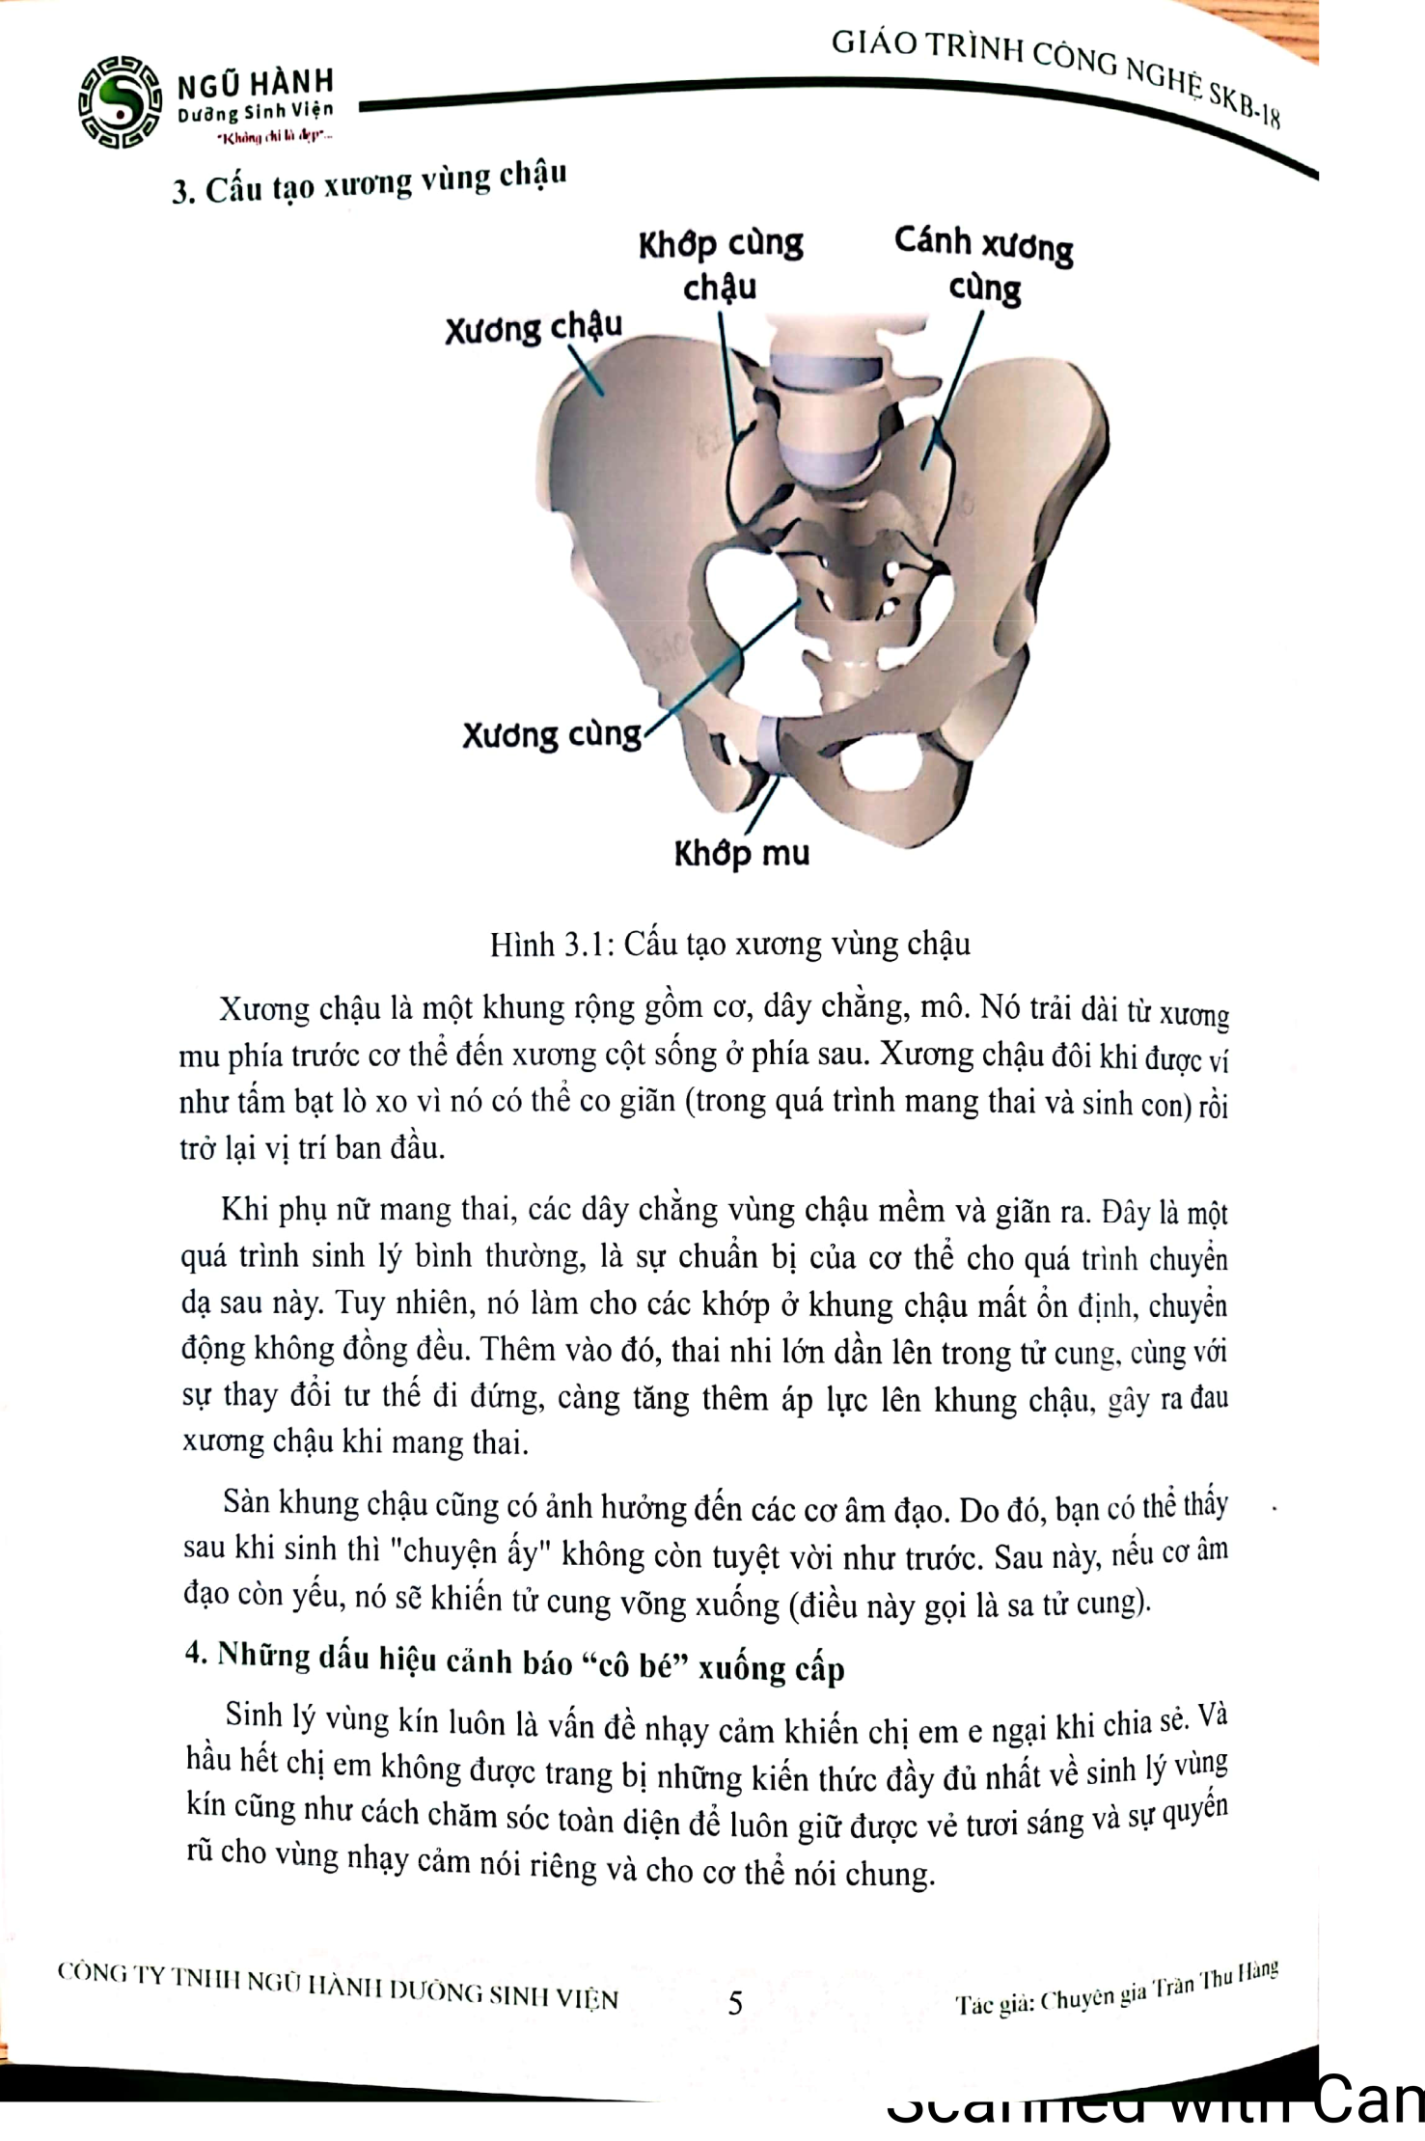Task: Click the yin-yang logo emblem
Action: click(x=120, y=102)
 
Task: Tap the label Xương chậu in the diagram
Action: click(x=533, y=329)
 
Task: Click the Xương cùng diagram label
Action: click(x=551, y=735)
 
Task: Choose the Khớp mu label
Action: click(x=741, y=854)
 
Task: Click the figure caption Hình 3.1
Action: click(x=729, y=943)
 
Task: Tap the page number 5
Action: click(x=735, y=2004)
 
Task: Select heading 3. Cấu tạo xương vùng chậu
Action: click(x=369, y=182)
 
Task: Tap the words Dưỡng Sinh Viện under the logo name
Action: click(x=255, y=113)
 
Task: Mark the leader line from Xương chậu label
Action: click(x=585, y=371)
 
